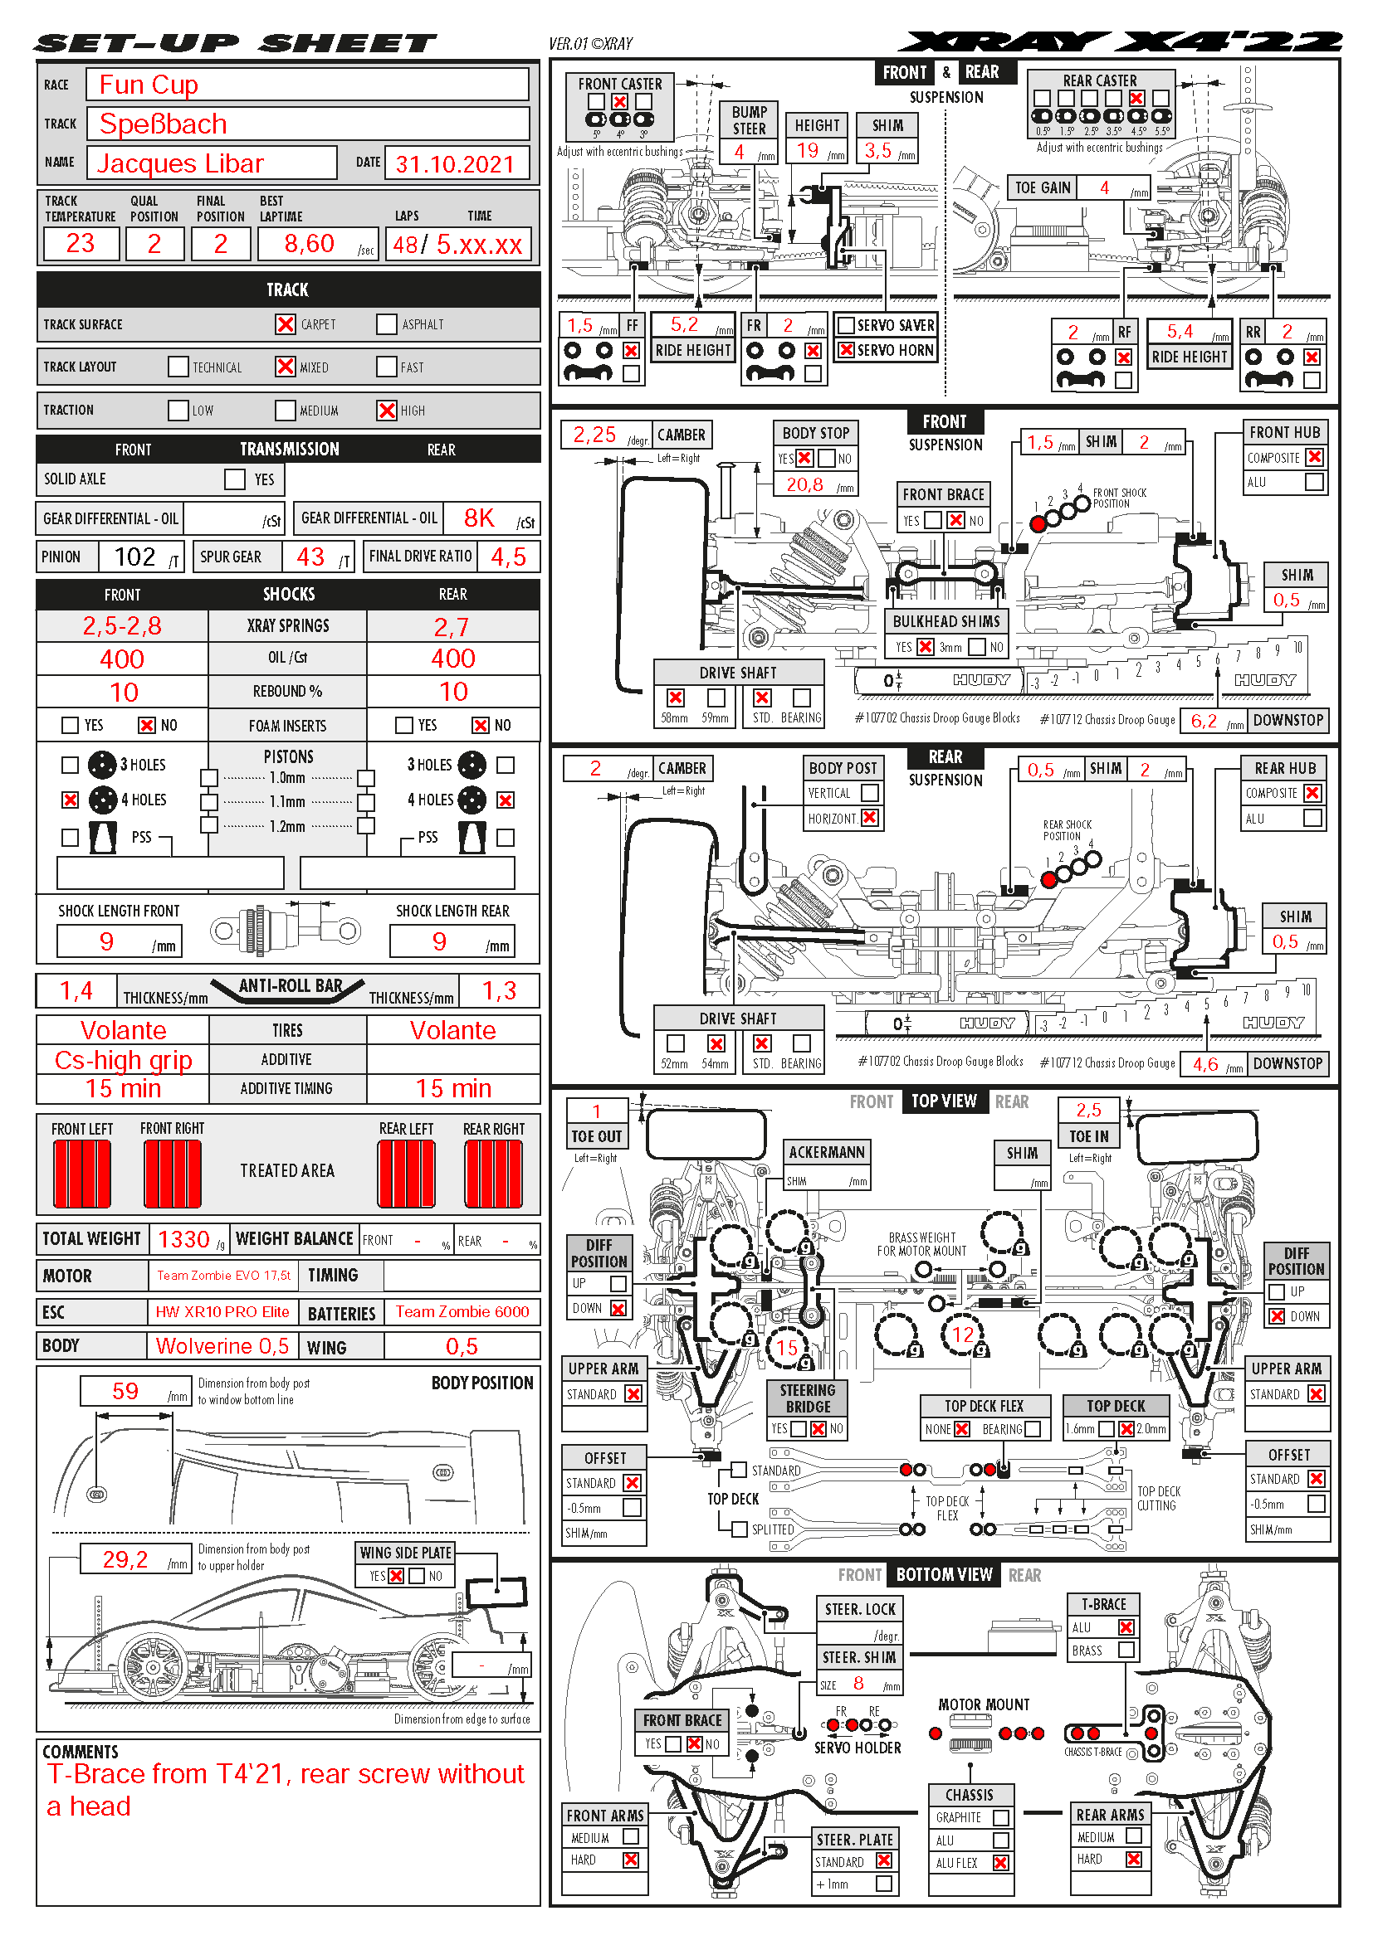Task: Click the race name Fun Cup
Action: (x=149, y=85)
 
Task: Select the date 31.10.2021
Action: (x=455, y=164)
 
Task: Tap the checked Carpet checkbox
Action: (x=286, y=324)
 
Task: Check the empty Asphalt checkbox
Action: (x=387, y=324)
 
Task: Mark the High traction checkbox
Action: (x=387, y=411)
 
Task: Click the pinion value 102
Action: (x=135, y=557)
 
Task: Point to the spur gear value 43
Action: (x=310, y=557)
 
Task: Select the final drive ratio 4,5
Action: (x=508, y=557)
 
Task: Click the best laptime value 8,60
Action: (x=310, y=243)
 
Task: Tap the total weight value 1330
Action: (x=183, y=1239)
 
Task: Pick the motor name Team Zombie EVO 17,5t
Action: (x=223, y=1276)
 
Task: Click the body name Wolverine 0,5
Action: (x=222, y=1346)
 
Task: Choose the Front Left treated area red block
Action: (x=82, y=1174)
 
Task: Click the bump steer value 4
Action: (x=739, y=152)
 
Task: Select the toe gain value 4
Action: (x=1104, y=187)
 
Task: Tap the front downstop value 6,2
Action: (x=1204, y=721)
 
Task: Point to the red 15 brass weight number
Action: (x=786, y=1348)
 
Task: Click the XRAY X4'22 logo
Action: (x=1119, y=42)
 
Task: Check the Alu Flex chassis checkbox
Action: (x=1001, y=1863)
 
